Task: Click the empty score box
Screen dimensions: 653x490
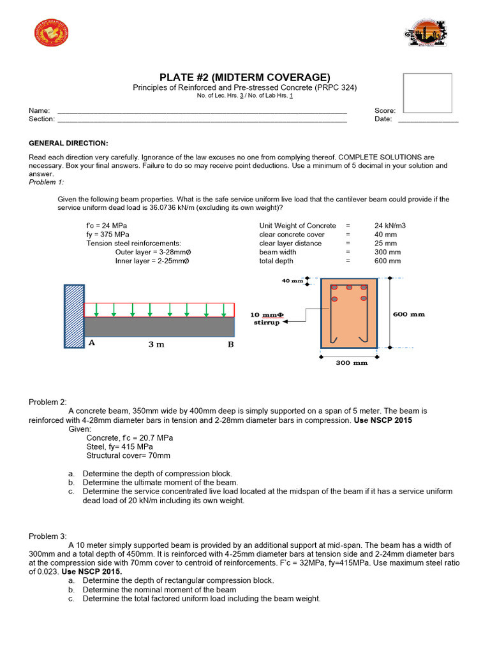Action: (427, 93)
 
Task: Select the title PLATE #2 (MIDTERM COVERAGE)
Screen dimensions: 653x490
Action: (244, 77)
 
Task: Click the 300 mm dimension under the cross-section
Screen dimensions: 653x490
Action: (351, 363)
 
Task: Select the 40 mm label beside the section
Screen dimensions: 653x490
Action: (292, 280)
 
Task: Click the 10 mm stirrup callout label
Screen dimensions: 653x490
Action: (264, 318)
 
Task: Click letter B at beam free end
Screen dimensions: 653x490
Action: (231, 344)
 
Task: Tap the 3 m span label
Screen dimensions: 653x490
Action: (156, 344)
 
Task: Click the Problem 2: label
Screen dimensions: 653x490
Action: (47, 402)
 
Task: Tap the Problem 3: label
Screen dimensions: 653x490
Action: (47, 536)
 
